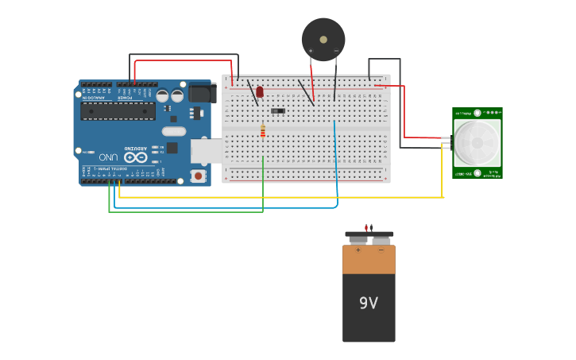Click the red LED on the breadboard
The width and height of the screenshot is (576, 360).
coord(259,92)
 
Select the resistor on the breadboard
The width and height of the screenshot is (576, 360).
coord(263,132)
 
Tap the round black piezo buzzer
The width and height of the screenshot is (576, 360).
coord(323,39)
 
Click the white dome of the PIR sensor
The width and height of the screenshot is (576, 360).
coord(477,143)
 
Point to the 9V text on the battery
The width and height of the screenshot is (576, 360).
coord(368,303)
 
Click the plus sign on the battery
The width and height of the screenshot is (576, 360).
coord(358,250)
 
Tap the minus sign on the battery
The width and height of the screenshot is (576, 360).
coord(381,250)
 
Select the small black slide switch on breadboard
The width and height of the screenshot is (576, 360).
coord(277,110)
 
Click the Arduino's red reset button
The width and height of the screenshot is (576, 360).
coord(198,176)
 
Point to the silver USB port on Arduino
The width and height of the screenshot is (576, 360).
coord(205,150)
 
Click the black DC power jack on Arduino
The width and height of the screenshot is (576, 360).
coord(201,94)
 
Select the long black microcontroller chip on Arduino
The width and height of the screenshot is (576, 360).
coord(118,110)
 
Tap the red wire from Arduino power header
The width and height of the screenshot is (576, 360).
coord(183,60)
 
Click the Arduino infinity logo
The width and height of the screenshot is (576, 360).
coord(135,157)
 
